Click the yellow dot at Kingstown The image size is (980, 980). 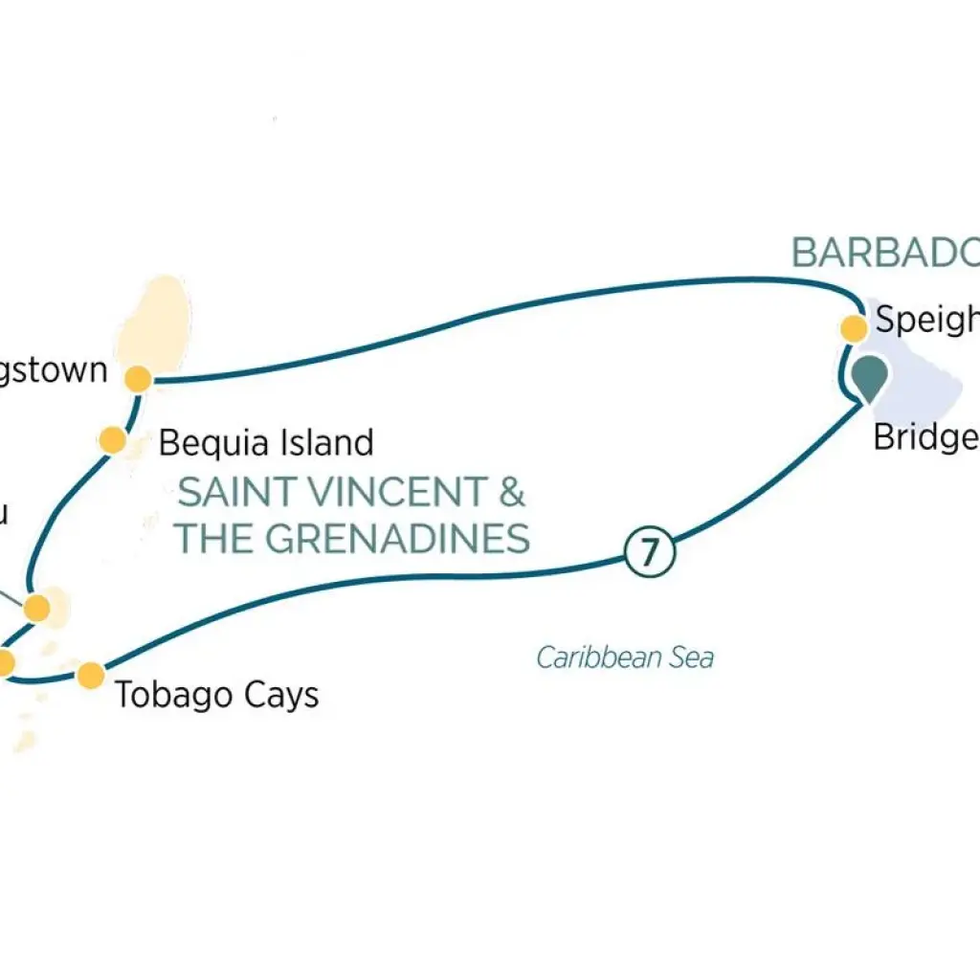tap(138, 379)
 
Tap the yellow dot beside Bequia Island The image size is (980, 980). tap(113, 440)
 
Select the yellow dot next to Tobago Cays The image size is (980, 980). tap(90, 675)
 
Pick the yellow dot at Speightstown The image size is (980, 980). tap(854, 328)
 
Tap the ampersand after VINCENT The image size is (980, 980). tap(513, 493)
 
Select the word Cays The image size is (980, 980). tap(279, 696)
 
